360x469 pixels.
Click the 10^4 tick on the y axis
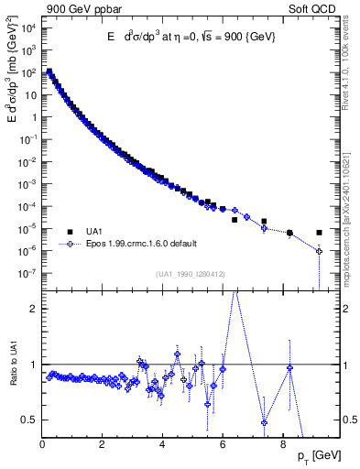[28, 27]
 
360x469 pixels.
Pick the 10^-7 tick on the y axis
[28, 273]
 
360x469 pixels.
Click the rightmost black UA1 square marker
[319, 233]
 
